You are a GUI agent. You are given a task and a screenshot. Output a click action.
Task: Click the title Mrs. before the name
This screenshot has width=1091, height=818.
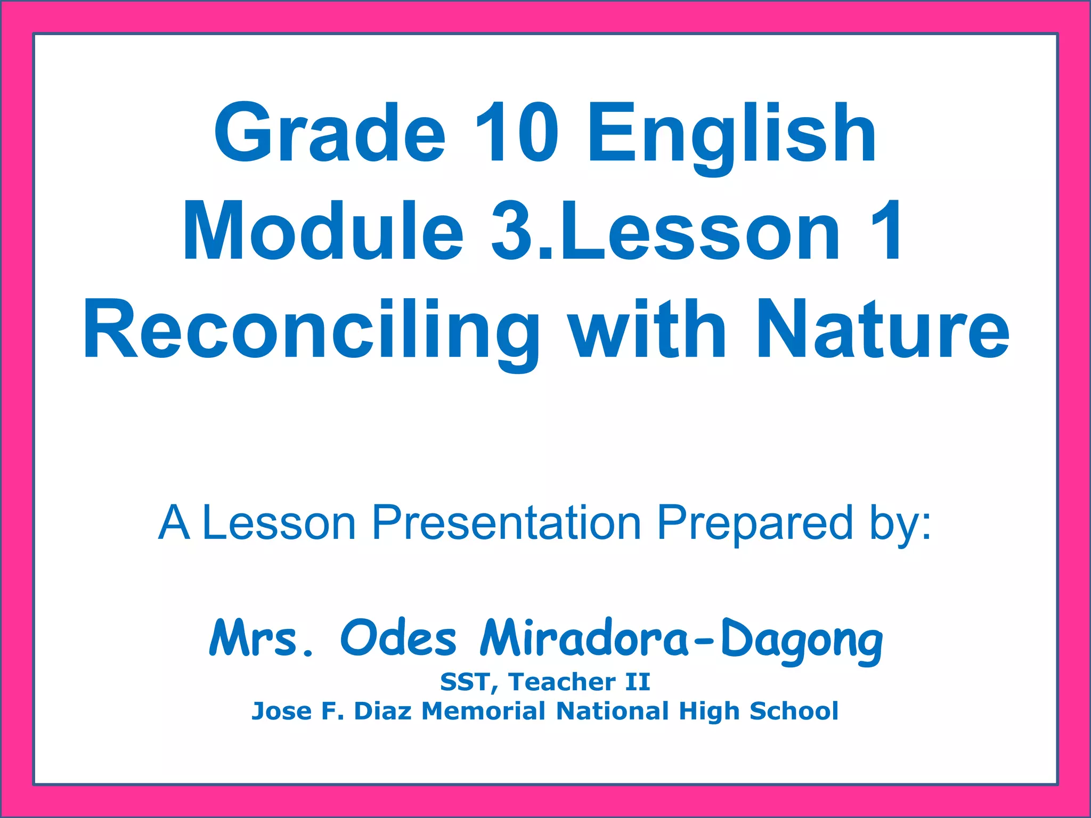tap(261, 637)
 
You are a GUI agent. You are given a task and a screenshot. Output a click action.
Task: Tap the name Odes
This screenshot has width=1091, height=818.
tap(398, 637)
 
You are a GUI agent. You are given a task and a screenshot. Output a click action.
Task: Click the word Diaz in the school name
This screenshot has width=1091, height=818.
tap(382, 711)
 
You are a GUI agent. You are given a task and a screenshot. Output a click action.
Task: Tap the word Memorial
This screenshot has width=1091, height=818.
tap(483, 711)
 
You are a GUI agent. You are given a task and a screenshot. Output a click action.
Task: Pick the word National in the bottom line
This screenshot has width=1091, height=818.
tap(612, 711)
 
